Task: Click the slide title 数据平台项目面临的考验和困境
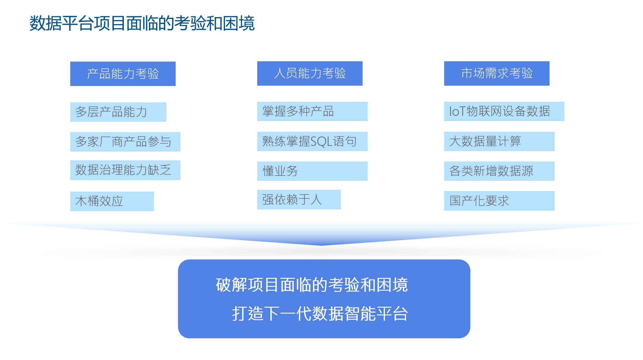click(142, 23)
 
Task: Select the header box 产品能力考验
click(123, 74)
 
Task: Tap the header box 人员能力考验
click(310, 73)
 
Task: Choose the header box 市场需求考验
click(497, 73)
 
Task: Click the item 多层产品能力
click(118, 112)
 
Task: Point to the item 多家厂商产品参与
click(125, 142)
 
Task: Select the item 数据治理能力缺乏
click(125, 170)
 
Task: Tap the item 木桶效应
click(112, 201)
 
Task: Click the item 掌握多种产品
click(312, 111)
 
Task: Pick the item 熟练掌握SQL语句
click(312, 141)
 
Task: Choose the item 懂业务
click(312, 171)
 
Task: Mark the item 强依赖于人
click(299, 200)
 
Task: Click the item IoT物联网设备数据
click(504, 111)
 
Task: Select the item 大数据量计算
click(499, 141)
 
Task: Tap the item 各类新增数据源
click(499, 171)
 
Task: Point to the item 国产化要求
click(499, 201)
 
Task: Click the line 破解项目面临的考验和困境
click(312, 285)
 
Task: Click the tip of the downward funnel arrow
click(321, 245)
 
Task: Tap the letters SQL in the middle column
click(321, 142)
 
